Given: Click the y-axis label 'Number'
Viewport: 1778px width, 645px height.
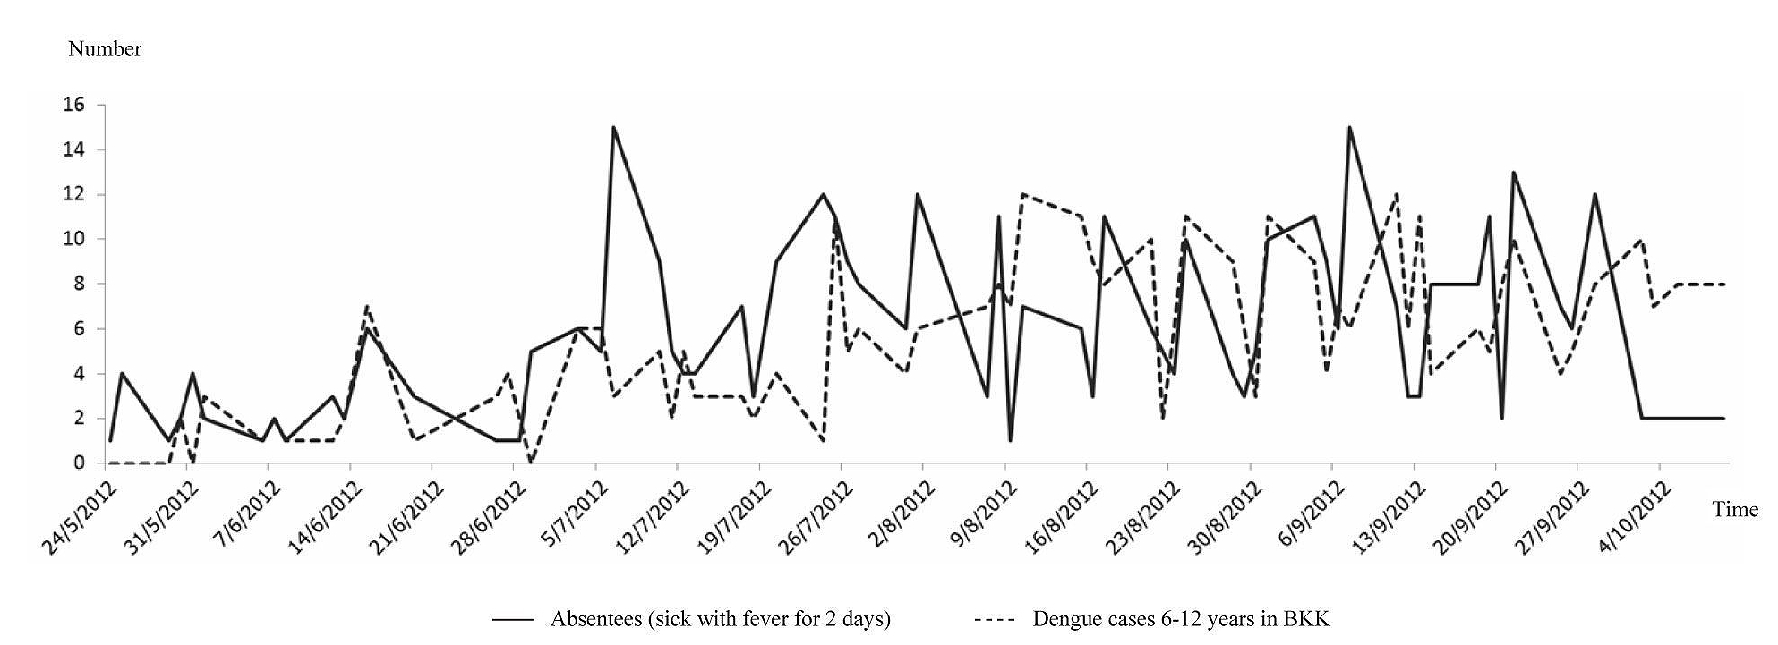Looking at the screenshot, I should pyautogui.click(x=105, y=49).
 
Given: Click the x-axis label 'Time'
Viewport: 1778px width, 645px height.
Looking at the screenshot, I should pyautogui.click(x=1735, y=510).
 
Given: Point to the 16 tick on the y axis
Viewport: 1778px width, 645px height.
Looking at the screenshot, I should pyautogui.click(x=73, y=106).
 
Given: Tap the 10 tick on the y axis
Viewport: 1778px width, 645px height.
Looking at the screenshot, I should pyautogui.click(x=73, y=240).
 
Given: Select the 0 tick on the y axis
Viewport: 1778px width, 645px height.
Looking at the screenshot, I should pyautogui.click(x=79, y=463).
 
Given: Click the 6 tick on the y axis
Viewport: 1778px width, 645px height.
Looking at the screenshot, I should pyautogui.click(x=79, y=329).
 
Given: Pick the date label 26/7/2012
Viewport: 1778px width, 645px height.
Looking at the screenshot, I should pyautogui.click(x=815, y=517).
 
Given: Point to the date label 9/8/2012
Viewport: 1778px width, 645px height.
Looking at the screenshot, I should pyautogui.click(x=982, y=514).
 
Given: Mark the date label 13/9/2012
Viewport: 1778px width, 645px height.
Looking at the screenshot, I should pyautogui.click(x=1389, y=517).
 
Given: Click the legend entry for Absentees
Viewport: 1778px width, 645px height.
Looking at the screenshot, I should pyautogui.click(x=720, y=619).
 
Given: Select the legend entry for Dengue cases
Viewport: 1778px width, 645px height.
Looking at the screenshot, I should pyautogui.click(x=1187, y=619).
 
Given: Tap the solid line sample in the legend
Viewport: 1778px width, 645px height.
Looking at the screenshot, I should pyautogui.click(x=513, y=619).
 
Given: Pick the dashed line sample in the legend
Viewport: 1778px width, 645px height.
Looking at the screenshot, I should pyautogui.click(x=994, y=619).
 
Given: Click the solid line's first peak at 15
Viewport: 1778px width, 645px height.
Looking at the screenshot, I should pyautogui.click(x=613, y=128).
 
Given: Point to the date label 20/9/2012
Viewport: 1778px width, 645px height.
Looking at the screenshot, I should pyautogui.click(x=1471, y=517).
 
